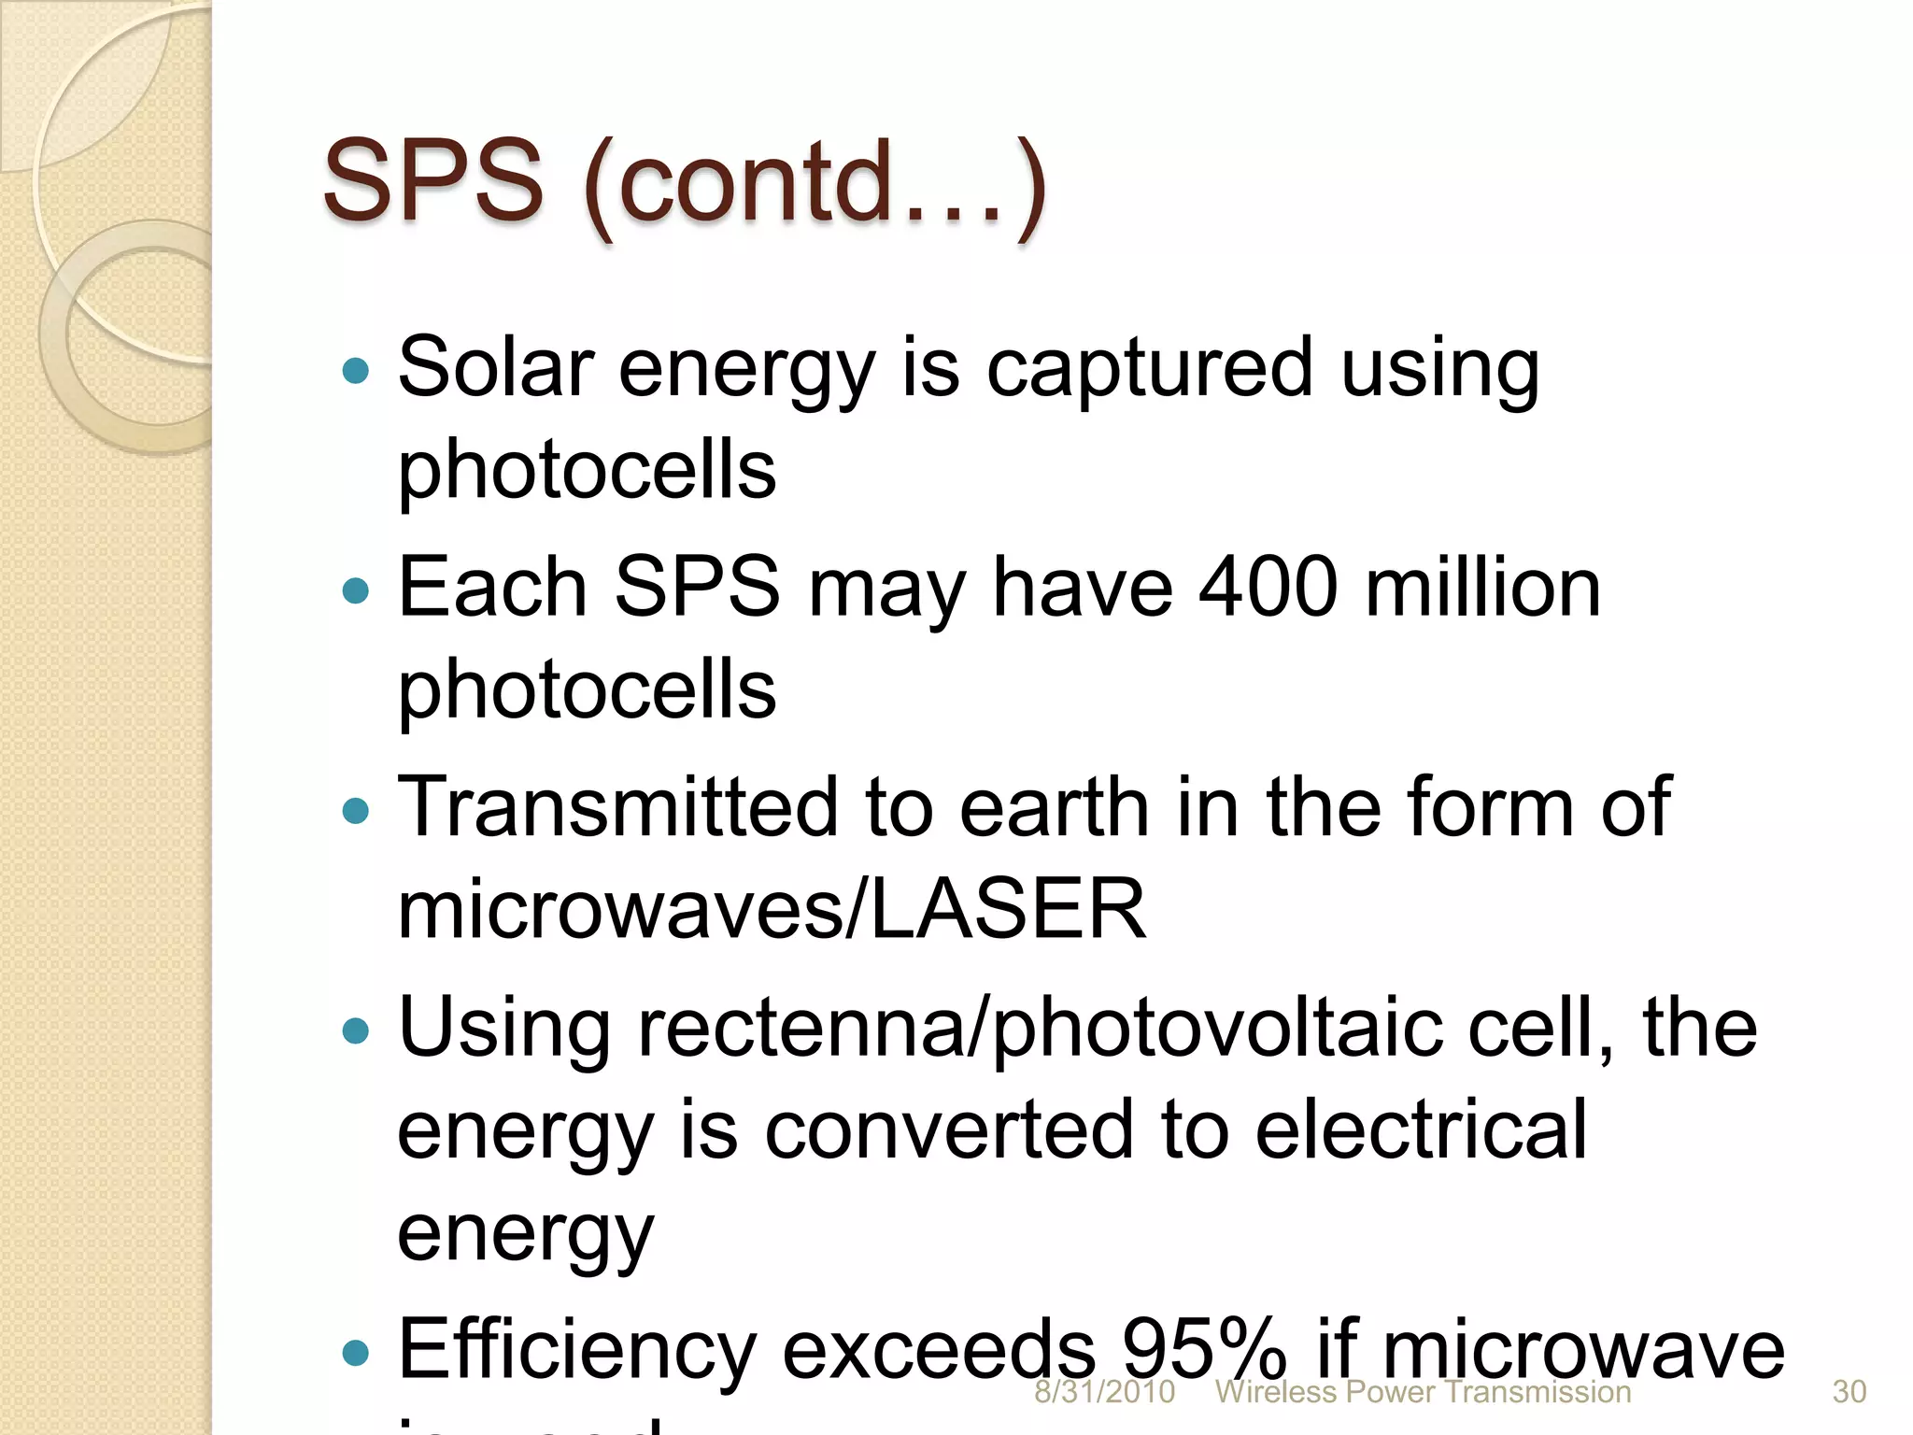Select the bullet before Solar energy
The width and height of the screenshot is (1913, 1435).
pyautogui.click(x=356, y=371)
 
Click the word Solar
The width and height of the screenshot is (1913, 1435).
pyautogui.click(x=496, y=367)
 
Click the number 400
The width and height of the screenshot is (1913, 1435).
pyautogui.click(x=1268, y=588)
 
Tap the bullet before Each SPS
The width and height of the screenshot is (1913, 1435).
pyautogui.click(x=356, y=590)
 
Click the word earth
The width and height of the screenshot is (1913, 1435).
pyautogui.click(x=1054, y=808)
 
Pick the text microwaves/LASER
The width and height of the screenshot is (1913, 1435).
pyautogui.click(x=772, y=908)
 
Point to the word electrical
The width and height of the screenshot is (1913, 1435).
pyautogui.click(x=1420, y=1130)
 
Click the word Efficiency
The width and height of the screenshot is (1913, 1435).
pyautogui.click(x=576, y=1349)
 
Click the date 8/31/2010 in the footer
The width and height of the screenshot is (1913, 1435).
pyautogui.click(x=1104, y=1392)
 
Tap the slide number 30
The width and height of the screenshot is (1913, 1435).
pyautogui.click(x=1849, y=1392)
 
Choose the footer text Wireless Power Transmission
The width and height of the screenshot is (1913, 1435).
pyautogui.click(x=1423, y=1392)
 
